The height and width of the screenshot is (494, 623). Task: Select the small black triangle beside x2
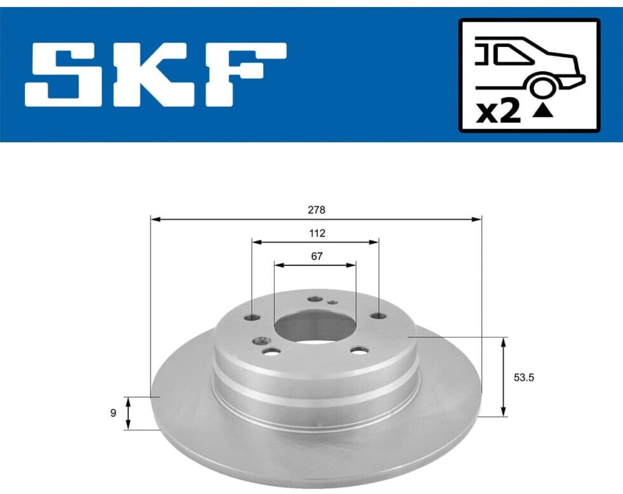(543, 112)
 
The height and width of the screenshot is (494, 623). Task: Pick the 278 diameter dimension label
(317, 210)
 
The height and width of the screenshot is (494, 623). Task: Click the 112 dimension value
(317, 233)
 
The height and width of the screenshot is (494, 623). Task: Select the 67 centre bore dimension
(317, 256)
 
